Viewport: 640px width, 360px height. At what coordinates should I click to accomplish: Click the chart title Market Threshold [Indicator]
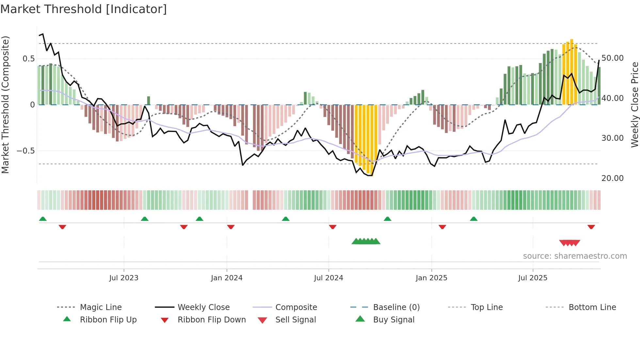pyautogui.click(x=84, y=9)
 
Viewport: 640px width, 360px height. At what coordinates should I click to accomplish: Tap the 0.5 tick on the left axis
pyautogui.click(x=28, y=59)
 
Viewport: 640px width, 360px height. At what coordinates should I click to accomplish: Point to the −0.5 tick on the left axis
pyautogui.click(x=26, y=151)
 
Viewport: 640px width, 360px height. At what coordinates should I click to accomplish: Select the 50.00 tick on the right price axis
pyautogui.click(x=613, y=58)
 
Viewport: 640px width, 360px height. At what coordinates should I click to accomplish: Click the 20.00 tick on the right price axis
pyautogui.click(x=613, y=178)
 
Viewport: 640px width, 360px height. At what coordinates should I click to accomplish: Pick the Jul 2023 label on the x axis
pyautogui.click(x=124, y=278)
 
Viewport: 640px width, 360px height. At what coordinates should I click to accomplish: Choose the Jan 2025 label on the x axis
pyautogui.click(x=431, y=278)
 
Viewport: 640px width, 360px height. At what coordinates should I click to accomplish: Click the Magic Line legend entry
pyautogui.click(x=101, y=307)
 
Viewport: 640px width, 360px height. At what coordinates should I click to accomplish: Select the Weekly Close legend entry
pyautogui.click(x=203, y=307)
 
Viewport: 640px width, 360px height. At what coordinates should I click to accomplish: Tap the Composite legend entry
pyautogui.click(x=296, y=307)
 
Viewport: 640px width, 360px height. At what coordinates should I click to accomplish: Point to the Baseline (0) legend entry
pyautogui.click(x=396, y=307)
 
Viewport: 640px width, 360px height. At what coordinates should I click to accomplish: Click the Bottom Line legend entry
pyautogui.click(x=592, y=307)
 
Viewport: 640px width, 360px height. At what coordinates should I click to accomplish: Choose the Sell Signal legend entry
pyautogui.click(x=296, y=320)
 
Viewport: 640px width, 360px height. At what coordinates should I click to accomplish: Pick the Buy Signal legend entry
pyautogui.click(x=393, y=320)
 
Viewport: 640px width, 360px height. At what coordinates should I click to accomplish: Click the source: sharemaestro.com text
pyautogui.click(x=575, y=256)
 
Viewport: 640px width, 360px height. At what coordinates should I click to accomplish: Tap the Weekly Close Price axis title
pyautogui.click(x=634, y=105)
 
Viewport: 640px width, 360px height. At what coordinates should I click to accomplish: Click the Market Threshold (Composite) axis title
pyautogui.click(x=5, y=105)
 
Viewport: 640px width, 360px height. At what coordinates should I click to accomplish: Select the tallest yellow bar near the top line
pyautogui.click(x=571, y=72)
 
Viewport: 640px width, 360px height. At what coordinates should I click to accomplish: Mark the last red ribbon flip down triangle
pyautogui.click(x=591, y=227)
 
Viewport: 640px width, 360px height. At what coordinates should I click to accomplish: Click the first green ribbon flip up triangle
pyautogui.click(x=43, y=219)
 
